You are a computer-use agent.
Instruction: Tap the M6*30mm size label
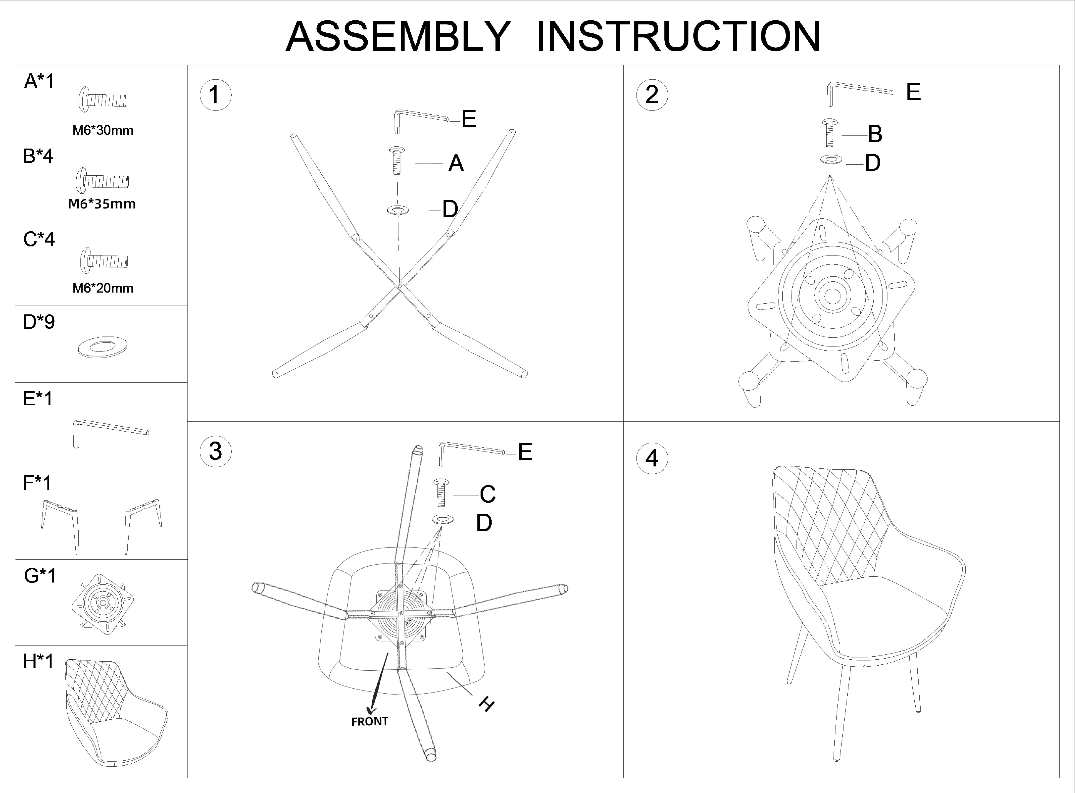(103, 130)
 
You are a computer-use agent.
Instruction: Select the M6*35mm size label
(102, 204)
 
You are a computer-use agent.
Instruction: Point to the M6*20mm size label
(103, 288)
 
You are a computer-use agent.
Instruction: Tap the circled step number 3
(215, 451)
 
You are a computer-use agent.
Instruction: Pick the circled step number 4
(652, 458)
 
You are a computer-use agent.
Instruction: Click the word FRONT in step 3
(369, 722)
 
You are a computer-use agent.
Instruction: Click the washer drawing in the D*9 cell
(103, 347)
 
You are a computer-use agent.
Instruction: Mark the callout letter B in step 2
(875, 134)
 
